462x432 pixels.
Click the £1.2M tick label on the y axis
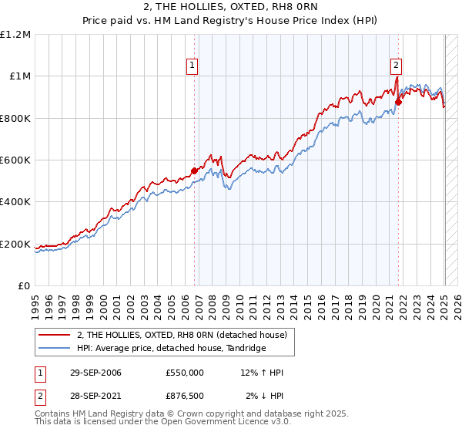pyautogui.click(x=16, y=34)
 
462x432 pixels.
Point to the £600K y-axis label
pyautogui.click(x=16, y=160)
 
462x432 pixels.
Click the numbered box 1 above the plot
pyautogui.click(x=191, y=66)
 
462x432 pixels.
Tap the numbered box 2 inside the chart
pyautogui.click(x=396, y=66)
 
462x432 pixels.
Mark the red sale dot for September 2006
pyautogui.click(x=194, y=170)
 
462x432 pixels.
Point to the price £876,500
pyautogui.click(x=185, y=397)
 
